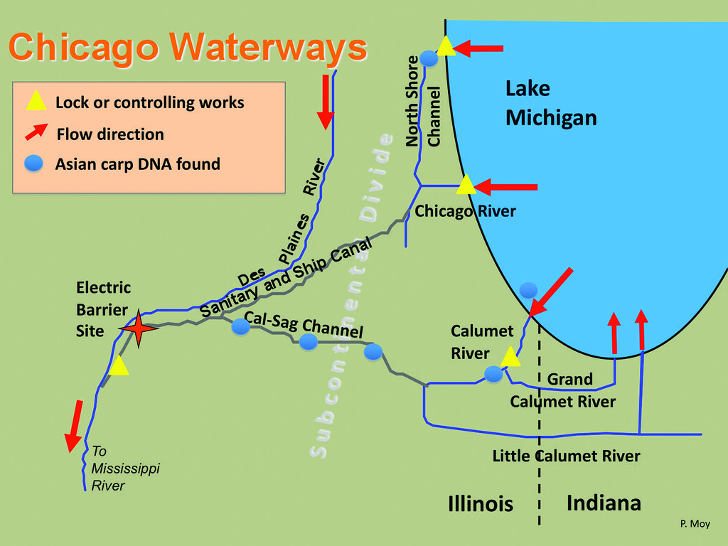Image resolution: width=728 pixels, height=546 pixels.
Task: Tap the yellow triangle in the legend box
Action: [x=36, y=102]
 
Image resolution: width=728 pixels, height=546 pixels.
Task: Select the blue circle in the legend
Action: [x=34, y=164]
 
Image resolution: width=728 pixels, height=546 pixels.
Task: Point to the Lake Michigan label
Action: [x=550, y=103]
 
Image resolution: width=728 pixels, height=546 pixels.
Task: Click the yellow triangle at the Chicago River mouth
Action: [x=466, y=185]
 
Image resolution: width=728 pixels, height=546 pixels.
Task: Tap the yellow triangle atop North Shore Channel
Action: [x=445, y=46]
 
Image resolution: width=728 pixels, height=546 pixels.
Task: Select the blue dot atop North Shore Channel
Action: [x=429, y=58]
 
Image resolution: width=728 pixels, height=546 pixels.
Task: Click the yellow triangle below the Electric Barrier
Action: [x=119, y=366]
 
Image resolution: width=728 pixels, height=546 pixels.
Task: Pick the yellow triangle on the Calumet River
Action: [x=510, y=357]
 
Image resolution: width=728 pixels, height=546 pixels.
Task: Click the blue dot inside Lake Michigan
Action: [x=528, y=289]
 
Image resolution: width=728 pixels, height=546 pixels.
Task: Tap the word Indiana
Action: [x=604, y=503]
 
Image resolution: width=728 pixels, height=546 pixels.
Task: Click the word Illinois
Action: [x=481, y=504]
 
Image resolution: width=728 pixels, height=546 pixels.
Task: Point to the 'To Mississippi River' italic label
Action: [x=116, y=469]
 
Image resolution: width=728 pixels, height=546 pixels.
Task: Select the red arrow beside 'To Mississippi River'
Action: [x=74, y=426]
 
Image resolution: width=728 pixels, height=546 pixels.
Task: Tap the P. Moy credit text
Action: [x=695, y=524]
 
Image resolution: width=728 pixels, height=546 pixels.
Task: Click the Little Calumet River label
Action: [x=566, y=456]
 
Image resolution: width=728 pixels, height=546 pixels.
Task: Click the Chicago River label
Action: [x=465, y=211]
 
